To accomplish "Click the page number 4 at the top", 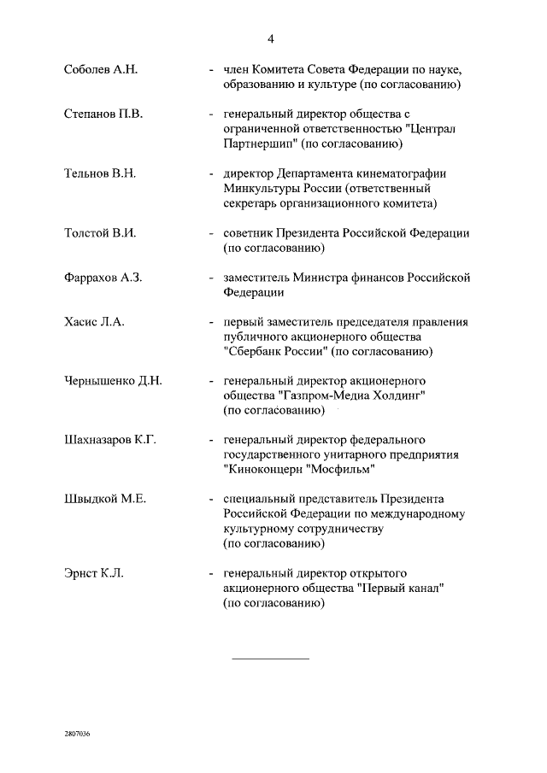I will click(x=271, y=38).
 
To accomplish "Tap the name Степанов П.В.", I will click(x=103, y=114).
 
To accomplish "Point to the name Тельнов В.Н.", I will click(x=101, y=173).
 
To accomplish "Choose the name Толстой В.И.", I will click(x=100, y=233).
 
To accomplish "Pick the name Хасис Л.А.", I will click(x=94, y=322).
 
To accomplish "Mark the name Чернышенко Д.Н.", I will click(x=113, y=381).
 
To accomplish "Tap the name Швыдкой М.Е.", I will click(x=105, y=499).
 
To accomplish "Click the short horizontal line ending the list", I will click(x=271, y=659).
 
